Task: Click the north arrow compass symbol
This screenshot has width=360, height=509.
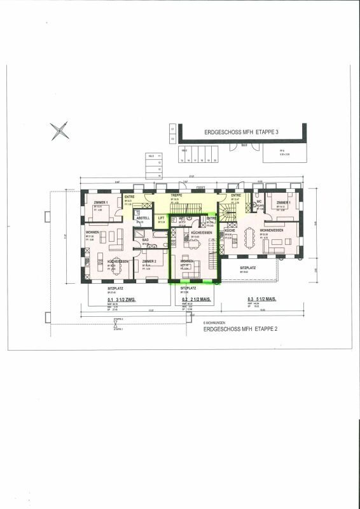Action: point(59,131)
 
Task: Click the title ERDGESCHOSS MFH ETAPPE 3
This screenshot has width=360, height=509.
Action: point(242,132)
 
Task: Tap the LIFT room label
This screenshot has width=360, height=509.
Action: point(161,218)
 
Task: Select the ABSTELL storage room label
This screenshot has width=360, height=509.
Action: point(143,218)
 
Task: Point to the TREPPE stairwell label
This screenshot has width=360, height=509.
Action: point(176,195)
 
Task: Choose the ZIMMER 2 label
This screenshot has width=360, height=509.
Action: point(149,261)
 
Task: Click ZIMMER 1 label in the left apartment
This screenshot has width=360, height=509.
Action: point(100,202)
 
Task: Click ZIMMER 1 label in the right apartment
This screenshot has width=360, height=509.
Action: point(284,202)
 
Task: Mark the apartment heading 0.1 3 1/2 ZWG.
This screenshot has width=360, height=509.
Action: point(121,298)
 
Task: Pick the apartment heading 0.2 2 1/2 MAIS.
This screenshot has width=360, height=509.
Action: point(196,298)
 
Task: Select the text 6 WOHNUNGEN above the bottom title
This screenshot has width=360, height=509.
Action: point(214,323)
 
